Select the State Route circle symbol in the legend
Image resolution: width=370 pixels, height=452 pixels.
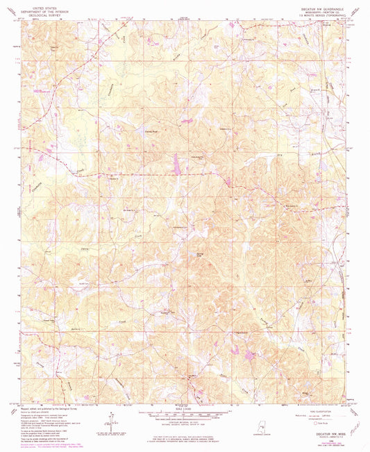click(320, 422)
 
